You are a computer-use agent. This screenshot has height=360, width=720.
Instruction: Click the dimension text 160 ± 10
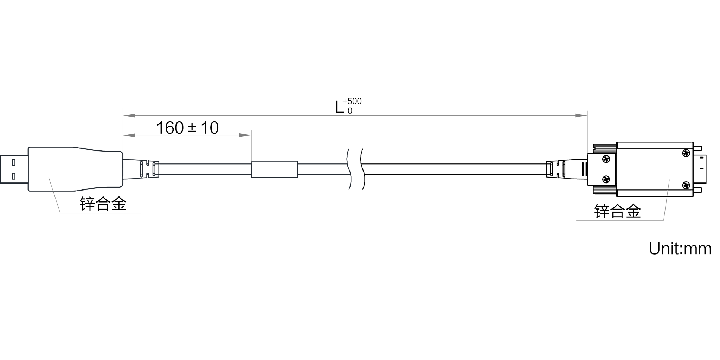coord(187,128)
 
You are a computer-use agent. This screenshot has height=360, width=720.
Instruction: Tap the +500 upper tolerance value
coord(352,101)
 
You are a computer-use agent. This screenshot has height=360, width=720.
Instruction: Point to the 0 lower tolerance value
coord(350,111)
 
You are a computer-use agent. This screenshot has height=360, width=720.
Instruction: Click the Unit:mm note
coord(680,249)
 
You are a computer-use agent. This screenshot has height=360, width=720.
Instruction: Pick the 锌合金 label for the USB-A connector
coord(103,204)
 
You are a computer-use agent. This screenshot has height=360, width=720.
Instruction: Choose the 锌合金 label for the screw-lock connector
coord(617,211)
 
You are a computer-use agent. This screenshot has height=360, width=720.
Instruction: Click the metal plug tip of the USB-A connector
coord(14,169)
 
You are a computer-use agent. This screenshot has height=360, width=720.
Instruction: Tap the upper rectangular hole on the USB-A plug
coord(14,162)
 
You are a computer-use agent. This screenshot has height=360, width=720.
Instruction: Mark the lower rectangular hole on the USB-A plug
coord(14,176)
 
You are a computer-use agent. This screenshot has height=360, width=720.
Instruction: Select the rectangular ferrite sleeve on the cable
coord(275,169)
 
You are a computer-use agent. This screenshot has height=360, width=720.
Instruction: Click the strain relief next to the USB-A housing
coord(141,169)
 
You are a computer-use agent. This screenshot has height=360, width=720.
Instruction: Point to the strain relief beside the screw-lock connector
coord(567,169)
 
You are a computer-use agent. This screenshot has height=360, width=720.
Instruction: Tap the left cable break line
coord(349,169)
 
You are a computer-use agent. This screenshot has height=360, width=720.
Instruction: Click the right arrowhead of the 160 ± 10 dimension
coord(245,135)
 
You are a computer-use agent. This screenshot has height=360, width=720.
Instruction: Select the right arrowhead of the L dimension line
coord(581,115)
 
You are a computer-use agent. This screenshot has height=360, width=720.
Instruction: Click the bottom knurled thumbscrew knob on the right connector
coord(605,191)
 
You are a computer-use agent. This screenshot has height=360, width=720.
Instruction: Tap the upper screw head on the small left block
coord(606,159)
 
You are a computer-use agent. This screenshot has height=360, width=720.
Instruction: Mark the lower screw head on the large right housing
coord(686,185)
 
